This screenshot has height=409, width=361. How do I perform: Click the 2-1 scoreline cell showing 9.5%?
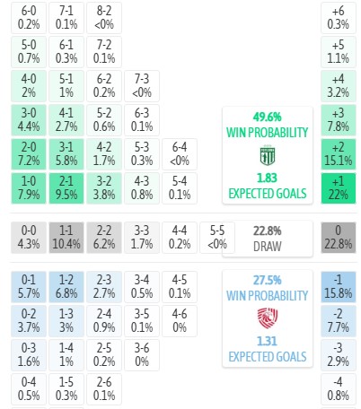tap(66, 188)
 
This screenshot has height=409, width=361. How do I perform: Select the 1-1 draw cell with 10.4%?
tap(66, 238)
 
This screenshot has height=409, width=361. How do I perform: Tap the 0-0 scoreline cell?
tap(29, 238)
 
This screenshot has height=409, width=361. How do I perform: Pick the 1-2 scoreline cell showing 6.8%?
tap(66, 287)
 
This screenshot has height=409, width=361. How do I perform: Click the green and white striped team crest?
tap(268, 155)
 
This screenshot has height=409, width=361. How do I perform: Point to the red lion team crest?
tap(268, 318)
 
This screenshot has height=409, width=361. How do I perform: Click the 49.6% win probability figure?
tap(268, 117)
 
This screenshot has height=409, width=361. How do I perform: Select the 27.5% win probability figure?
tap(268, 280)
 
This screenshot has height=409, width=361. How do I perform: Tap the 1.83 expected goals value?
tap(267, 178)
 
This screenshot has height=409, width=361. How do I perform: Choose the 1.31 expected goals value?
tap(267, 341)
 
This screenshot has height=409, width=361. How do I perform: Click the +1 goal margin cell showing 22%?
tap(339, 188)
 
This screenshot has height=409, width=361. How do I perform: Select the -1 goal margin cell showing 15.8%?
tap(339, 287)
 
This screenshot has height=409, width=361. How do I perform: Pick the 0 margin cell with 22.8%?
tap(339, 238)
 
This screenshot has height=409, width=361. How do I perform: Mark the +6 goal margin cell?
tap(339, 18)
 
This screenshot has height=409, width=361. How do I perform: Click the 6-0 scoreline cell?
tap(29, 18)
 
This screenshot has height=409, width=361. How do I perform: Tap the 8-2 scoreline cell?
tap(104, 18)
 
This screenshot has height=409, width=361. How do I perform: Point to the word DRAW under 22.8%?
tap(268, 247)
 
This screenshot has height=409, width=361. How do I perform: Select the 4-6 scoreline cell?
tap(180, 321)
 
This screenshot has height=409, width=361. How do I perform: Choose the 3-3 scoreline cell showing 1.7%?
tap(142, 238)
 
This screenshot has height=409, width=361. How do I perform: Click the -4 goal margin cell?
tap(339, 389)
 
